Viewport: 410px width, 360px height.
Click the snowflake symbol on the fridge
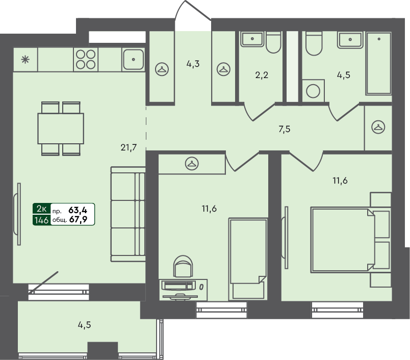(24, 59)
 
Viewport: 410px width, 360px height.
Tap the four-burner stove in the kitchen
(85, 59)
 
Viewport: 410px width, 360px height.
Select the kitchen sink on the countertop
(134, 59)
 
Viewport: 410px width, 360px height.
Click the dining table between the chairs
(60, 128)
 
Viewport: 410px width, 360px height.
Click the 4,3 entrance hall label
(193, 64)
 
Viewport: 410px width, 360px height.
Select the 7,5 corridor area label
(284, 129)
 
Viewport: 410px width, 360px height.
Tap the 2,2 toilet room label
(261, 76)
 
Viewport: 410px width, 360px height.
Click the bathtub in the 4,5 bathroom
(379, 64)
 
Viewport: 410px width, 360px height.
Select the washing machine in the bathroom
(313, 92)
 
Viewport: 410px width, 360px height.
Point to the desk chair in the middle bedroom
(183, 268)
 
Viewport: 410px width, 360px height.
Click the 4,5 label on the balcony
(85, 324)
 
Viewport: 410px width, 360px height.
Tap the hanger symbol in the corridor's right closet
(378, 126)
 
